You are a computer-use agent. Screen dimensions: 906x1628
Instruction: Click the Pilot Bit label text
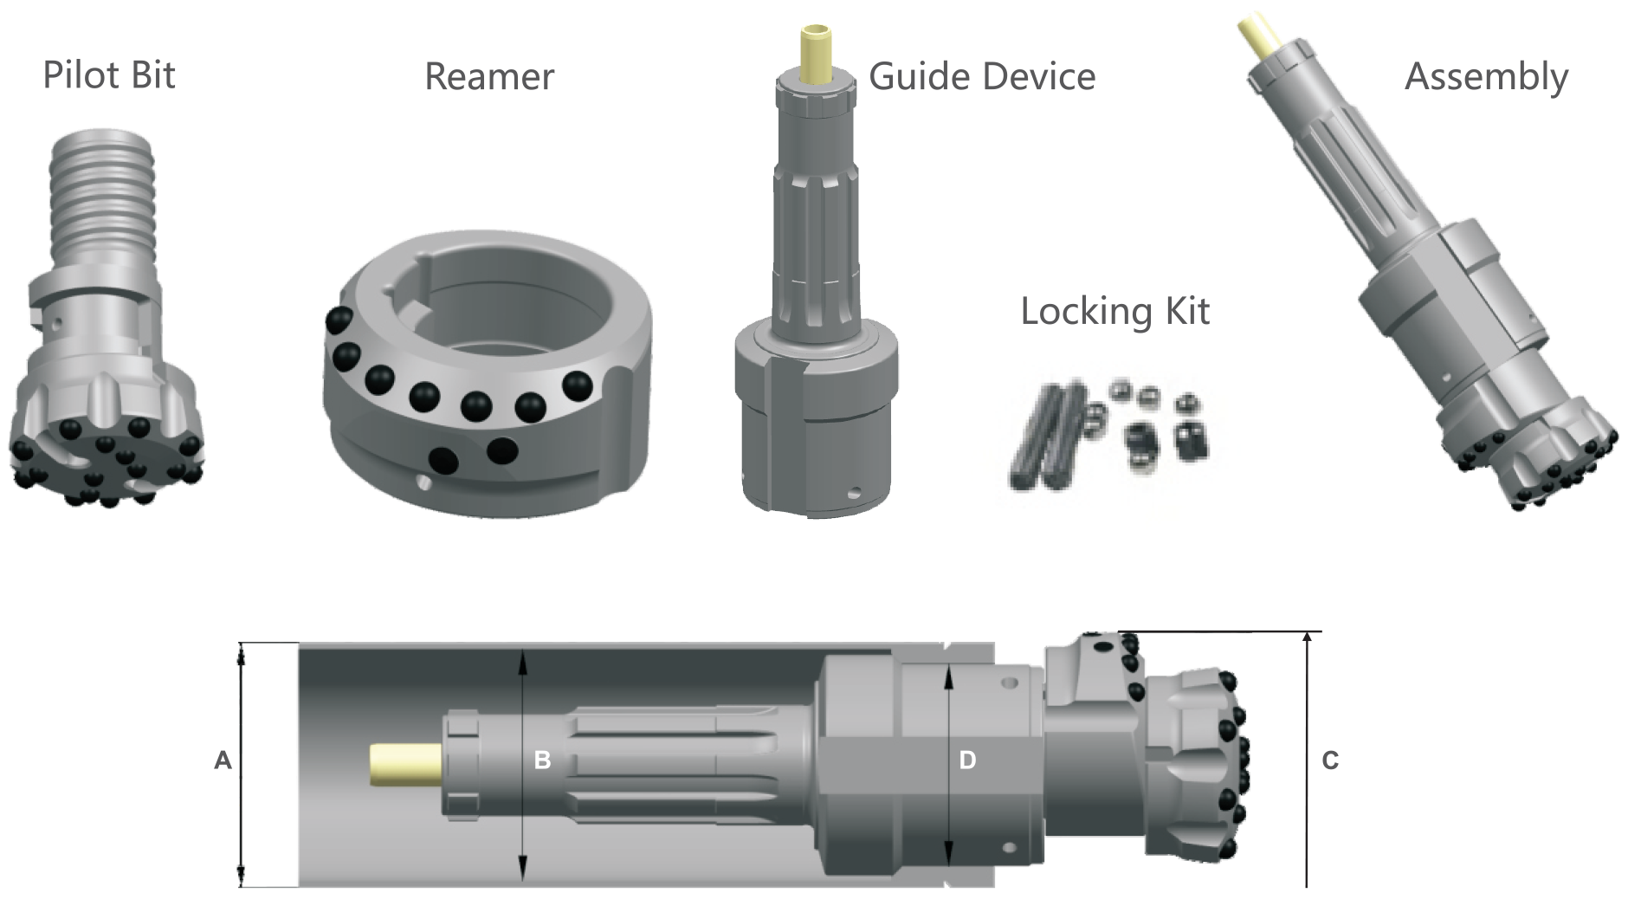click(x=109, y=75)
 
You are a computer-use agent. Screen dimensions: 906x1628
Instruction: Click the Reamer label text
click(x=489, y=77)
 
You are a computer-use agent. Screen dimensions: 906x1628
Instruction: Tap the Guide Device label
click(x=982, y=77)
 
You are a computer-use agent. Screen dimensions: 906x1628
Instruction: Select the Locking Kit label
click(x=1114, y=312)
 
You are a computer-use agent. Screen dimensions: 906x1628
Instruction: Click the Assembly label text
click(x=1486, y=77)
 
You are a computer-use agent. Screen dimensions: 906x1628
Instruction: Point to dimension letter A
click(x=223, y=760)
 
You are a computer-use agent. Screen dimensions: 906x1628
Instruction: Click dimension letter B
click(x=542, y=760)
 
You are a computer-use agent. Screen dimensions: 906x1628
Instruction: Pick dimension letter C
click(x=1330, y=760)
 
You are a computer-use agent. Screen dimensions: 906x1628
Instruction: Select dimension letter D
click(x=967, y=760)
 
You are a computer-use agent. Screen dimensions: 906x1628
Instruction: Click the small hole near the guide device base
click(x=855, y=495)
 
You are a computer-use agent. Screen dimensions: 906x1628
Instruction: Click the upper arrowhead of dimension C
click(x=1306, y=638)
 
